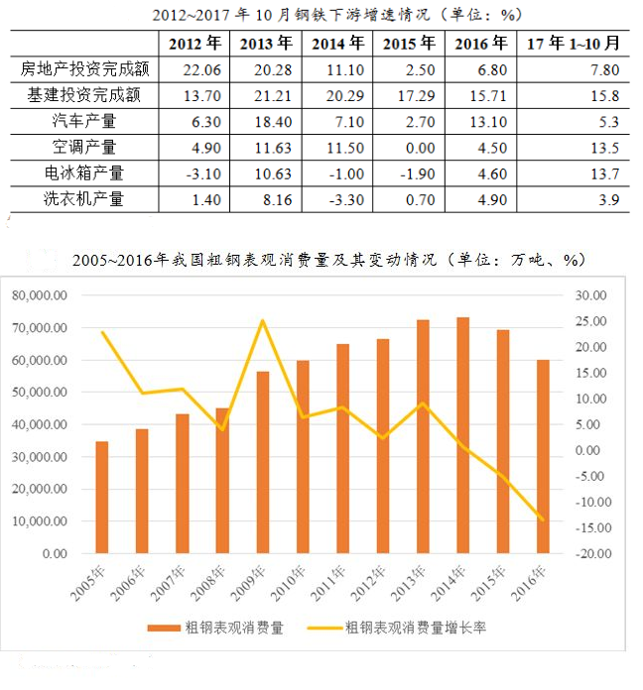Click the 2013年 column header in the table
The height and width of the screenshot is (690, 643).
tap(266, 44)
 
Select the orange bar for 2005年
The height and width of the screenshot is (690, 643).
tap(102, 497)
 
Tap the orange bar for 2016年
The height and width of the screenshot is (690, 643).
tap(543, 456)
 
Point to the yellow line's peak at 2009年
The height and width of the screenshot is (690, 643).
tap(263, 320)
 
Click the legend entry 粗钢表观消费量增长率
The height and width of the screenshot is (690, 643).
tap(415, 629)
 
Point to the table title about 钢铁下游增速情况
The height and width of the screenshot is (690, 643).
tap(321, 15)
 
